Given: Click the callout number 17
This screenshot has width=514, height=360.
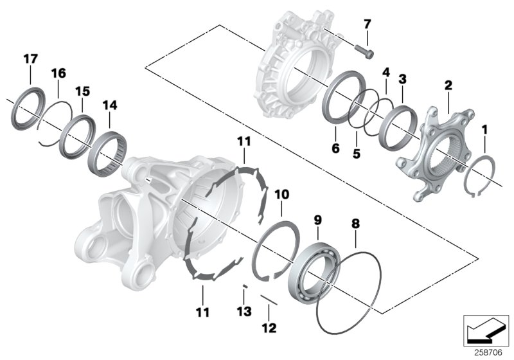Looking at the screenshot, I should coord(31,59).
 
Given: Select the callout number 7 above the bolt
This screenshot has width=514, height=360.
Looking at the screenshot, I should coord(367,24).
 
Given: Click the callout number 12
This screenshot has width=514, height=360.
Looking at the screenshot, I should coord(269,328).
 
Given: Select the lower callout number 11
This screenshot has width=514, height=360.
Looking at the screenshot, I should coord(202,312).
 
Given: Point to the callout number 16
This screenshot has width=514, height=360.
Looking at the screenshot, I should coord(58,73).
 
